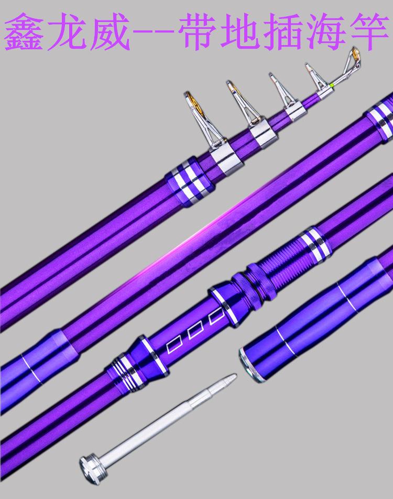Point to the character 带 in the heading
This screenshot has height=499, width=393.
pyautogui.click(x=198, y=32)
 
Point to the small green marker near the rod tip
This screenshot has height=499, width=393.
pyautogui.click(x=331, y=85)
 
